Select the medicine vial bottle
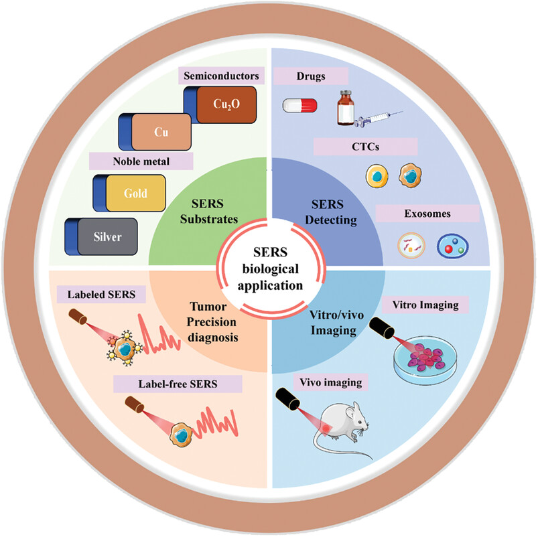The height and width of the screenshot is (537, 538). coord(346,108)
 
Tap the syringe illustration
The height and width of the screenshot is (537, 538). coord(379,119)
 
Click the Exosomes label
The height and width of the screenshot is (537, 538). coord(427,214)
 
